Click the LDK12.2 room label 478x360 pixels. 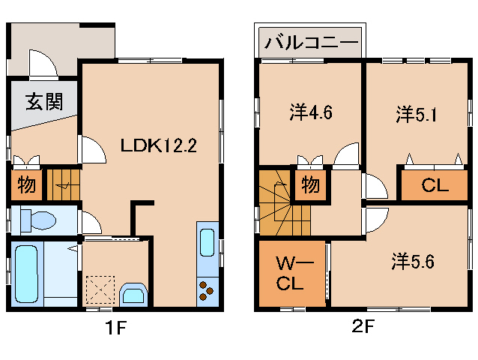pos(158,145)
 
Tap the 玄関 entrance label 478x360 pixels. pos(43,102)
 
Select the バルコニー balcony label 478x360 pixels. pos(310,40)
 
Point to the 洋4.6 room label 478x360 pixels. pos(311,113)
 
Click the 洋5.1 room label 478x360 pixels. pos(417,113)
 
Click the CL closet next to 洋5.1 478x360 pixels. pos(435,186)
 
